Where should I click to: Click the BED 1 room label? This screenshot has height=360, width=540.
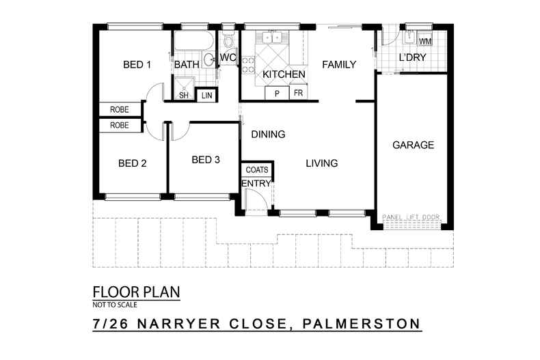(x=137, y=66)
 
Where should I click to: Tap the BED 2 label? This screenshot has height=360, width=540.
(x=133, y=163)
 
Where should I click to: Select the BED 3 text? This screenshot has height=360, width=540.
(x=206, y=160)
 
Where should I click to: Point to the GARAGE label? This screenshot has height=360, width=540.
(x=413, y=146)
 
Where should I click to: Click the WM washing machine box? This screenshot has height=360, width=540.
(x=425, y=42)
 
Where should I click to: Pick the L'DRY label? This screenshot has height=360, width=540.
(x=412, y=58)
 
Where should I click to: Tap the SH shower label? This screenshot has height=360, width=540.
(x=183, y=96)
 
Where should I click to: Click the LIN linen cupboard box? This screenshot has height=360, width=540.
(x=206, y=96)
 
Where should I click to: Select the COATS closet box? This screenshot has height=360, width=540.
(x=257, y=169)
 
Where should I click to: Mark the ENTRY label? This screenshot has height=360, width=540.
(x=257, y=183)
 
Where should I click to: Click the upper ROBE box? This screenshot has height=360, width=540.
(x=120, y=109)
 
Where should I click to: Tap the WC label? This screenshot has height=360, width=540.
(x=228, y=58)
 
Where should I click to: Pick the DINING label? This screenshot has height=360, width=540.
(x=268, y=135)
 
